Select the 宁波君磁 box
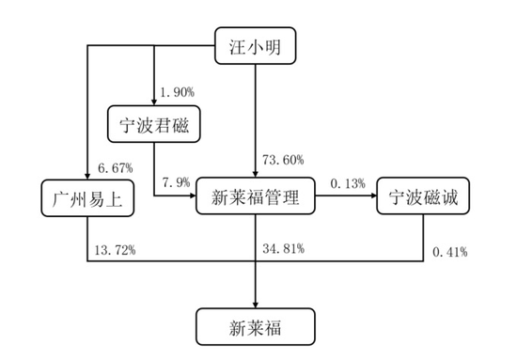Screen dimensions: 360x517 pos(152,123)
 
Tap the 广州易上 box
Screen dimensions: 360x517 pos(86,197)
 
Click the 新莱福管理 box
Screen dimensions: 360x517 pos(256,197)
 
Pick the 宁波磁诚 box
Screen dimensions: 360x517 pos(421,197)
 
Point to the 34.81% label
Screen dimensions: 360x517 pos(283,249)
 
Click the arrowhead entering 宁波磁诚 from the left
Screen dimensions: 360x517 pos(372,197)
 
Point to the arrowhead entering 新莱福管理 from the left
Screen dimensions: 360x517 pos(192,197)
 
